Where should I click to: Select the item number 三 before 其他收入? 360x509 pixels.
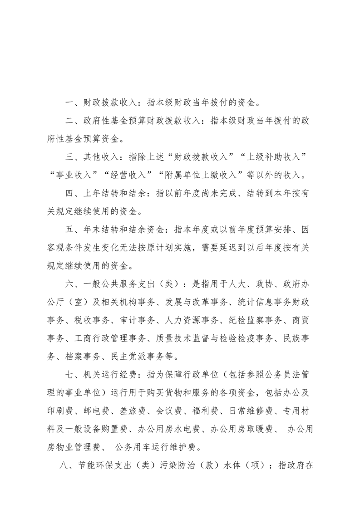pos(69,157)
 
